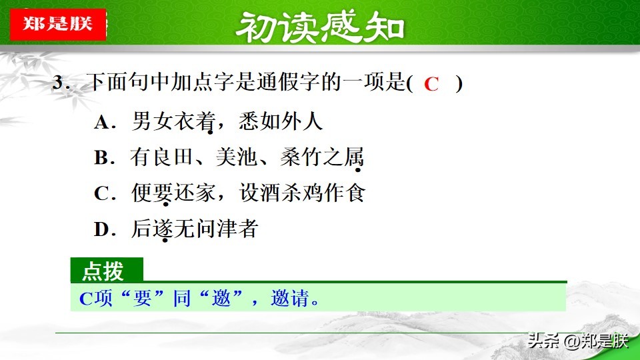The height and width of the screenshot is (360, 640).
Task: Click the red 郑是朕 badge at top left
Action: click(58, 24)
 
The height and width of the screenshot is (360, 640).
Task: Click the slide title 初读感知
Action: click(320, 27)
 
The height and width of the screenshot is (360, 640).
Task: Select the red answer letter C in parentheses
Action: click(431, 84)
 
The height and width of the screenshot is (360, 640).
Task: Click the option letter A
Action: click(101, 121)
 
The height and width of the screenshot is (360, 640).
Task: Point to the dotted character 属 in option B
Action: click(353, 157)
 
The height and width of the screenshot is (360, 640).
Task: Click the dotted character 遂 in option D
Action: click(163, 229)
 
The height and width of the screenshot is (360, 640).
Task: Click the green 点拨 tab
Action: click(107, 270)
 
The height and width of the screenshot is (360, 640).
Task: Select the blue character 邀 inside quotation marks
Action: click(221, 298)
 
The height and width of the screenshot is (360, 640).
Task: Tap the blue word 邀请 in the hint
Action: click(290, 298)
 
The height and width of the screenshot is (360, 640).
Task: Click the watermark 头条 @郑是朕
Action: click(578, 341)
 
